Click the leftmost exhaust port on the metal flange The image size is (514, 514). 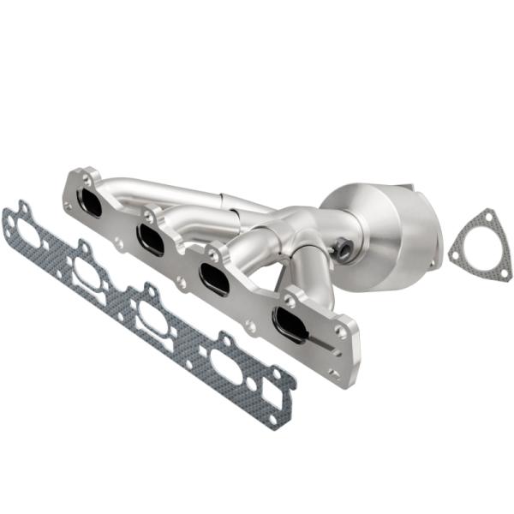coord(88,203)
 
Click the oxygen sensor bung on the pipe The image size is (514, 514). coord(341,251)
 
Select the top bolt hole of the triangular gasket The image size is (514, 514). coord(485,216)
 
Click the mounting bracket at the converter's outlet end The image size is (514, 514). coord(428,223)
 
